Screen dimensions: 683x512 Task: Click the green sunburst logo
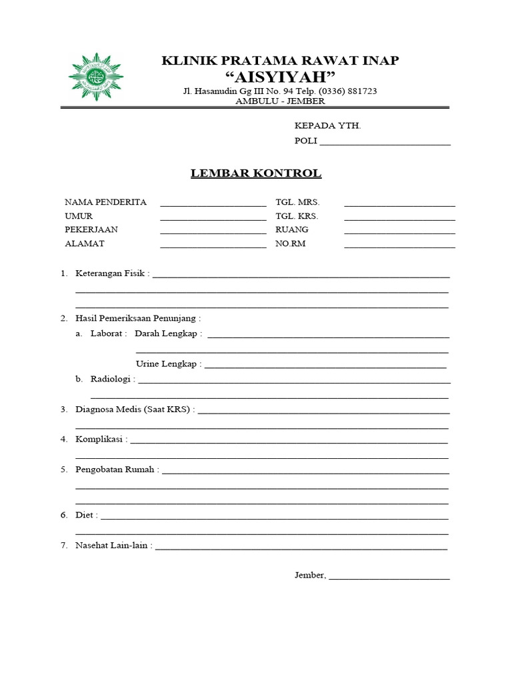96,76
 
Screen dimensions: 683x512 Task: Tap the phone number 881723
361,91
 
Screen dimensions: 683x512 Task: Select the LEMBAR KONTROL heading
256,173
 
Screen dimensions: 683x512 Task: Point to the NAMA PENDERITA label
105,202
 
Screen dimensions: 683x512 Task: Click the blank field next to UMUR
213,218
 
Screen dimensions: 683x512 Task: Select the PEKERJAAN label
91,229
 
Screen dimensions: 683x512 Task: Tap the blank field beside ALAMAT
213,246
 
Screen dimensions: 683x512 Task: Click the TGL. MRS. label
298,202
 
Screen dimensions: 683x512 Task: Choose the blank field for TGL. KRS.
399,218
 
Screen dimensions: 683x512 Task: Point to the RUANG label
292,229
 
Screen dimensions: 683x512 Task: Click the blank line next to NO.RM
399,246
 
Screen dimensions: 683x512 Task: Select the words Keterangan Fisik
111,273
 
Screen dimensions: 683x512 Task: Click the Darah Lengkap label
166,333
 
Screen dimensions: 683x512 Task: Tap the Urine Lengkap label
167,364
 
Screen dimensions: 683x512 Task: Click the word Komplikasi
99,440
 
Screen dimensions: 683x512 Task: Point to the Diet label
85,515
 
